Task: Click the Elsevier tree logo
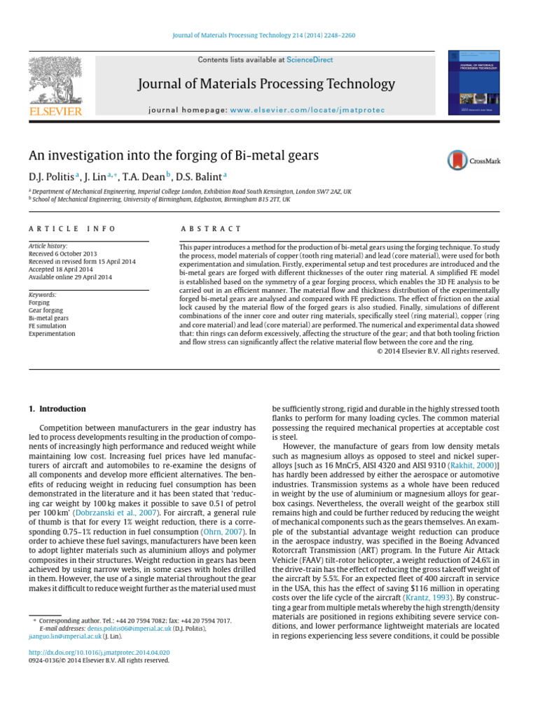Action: coord(55,80)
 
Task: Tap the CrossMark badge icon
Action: coord(474,160)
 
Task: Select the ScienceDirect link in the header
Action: coord(310,60)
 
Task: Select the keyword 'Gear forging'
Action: coord(46,310)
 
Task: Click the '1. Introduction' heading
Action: coord(57,409)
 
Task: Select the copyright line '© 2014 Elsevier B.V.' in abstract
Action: coord(438,351)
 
